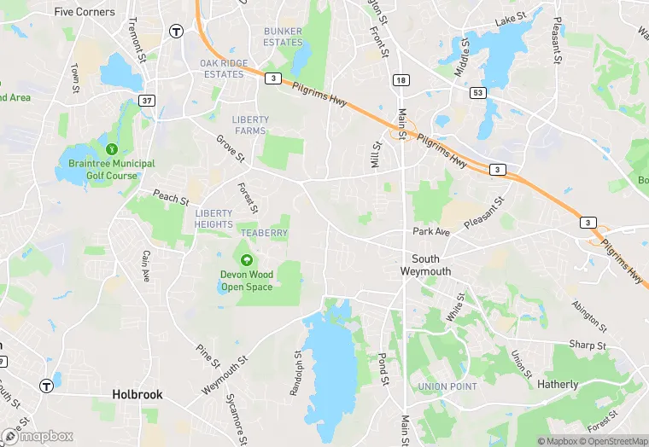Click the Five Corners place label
(84, 12)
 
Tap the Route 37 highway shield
(147, 102)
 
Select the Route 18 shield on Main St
(401, 80)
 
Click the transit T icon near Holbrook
(46, 386)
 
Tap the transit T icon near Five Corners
(177, 32)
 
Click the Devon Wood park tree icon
(247, 259)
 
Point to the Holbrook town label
(137, 395)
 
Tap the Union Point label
(447, 386)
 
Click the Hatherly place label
(558, 385)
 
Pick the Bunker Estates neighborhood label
(283, 37)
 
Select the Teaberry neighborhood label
(264, 233)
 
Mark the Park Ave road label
(431, 232)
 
